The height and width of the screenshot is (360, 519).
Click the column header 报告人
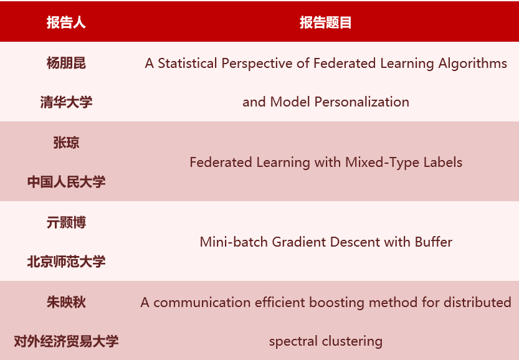point(66,23)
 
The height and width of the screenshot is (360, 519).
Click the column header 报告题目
point(325,23)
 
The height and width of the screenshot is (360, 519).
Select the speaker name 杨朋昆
point(66,63)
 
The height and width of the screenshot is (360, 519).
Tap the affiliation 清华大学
point(66,102)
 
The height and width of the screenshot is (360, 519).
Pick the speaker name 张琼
point(66,143)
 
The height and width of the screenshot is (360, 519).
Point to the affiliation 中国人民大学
point(66,182)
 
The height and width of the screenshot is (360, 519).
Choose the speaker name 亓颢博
point(66,222)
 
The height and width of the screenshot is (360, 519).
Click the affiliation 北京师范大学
point(66,262)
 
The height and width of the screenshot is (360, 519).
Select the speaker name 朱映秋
point(66,302)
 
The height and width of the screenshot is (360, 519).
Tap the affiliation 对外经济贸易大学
point(66,341)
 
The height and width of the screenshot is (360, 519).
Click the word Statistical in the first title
point(186,64)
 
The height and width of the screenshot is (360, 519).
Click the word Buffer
point(434,242)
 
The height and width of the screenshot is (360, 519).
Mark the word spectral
point(293,342)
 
